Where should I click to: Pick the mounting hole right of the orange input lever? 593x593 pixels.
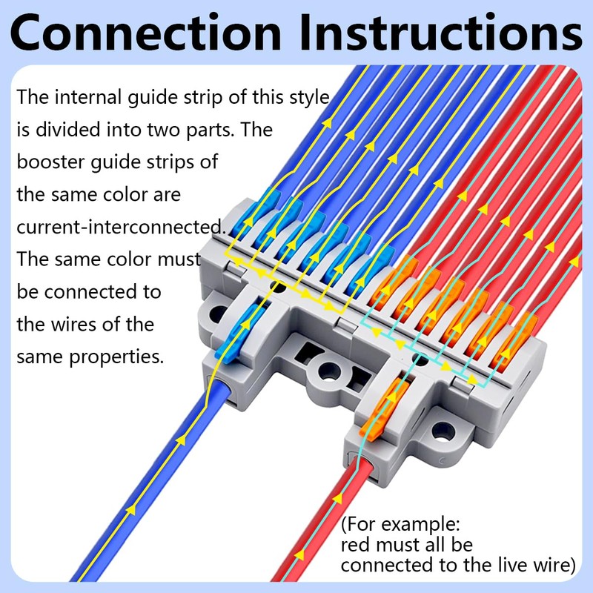point(443,429)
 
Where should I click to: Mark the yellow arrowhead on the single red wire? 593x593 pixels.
point(299,553)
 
